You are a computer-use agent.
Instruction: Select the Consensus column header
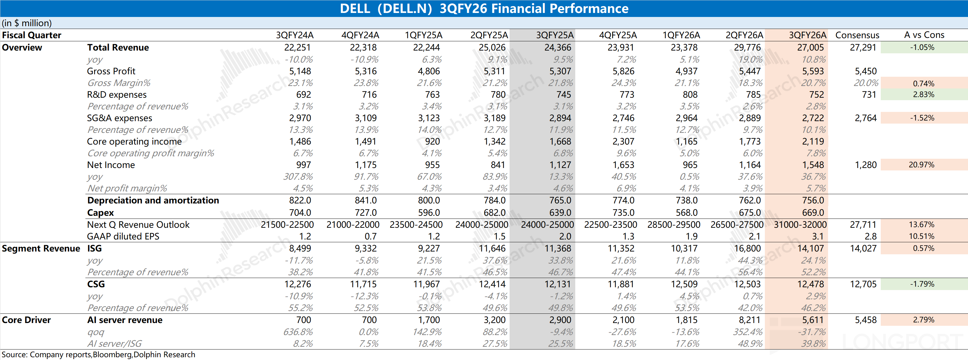[857, 35]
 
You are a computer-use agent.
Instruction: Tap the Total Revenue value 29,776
[747, 47]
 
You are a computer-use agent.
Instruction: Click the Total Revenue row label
[118, 47]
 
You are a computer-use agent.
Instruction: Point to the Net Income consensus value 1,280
[865, 165]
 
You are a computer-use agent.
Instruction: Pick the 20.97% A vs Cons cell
[921, 165]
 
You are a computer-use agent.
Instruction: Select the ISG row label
[94, 248]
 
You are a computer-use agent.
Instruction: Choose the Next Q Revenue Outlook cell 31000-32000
[800, 224]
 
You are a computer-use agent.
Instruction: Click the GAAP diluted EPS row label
[123, 236]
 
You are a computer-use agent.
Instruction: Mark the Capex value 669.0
[813, 212]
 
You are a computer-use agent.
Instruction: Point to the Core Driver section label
[26, 320]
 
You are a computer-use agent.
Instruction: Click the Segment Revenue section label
[41, 248]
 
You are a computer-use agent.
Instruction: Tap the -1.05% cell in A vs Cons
[922, 47]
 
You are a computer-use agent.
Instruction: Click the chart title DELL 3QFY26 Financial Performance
[484, 8]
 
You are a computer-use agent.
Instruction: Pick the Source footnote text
[98, 355]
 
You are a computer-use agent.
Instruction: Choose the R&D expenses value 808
[690, 94]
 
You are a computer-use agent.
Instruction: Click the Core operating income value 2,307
[623, 141]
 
